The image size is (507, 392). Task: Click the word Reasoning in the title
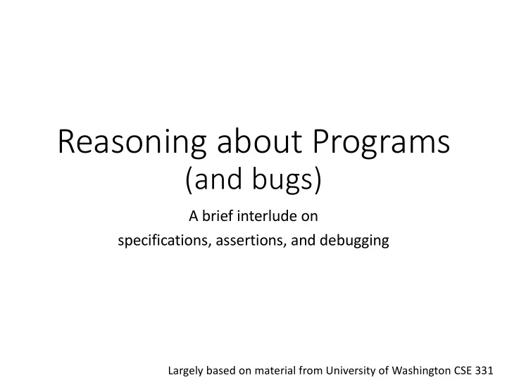pyautogui.click(x=132, y=143)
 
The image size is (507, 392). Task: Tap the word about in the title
pyautogui.click(x=259, y=141)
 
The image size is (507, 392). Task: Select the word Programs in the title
pyautogui.click(x=381, y=143)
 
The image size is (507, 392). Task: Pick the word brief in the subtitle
pyautogui.click(x=218, y=216)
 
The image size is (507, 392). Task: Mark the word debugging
pyautogui.click(x=354, y=241)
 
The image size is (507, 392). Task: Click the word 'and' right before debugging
pyautogui.click(x=303, y=241)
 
